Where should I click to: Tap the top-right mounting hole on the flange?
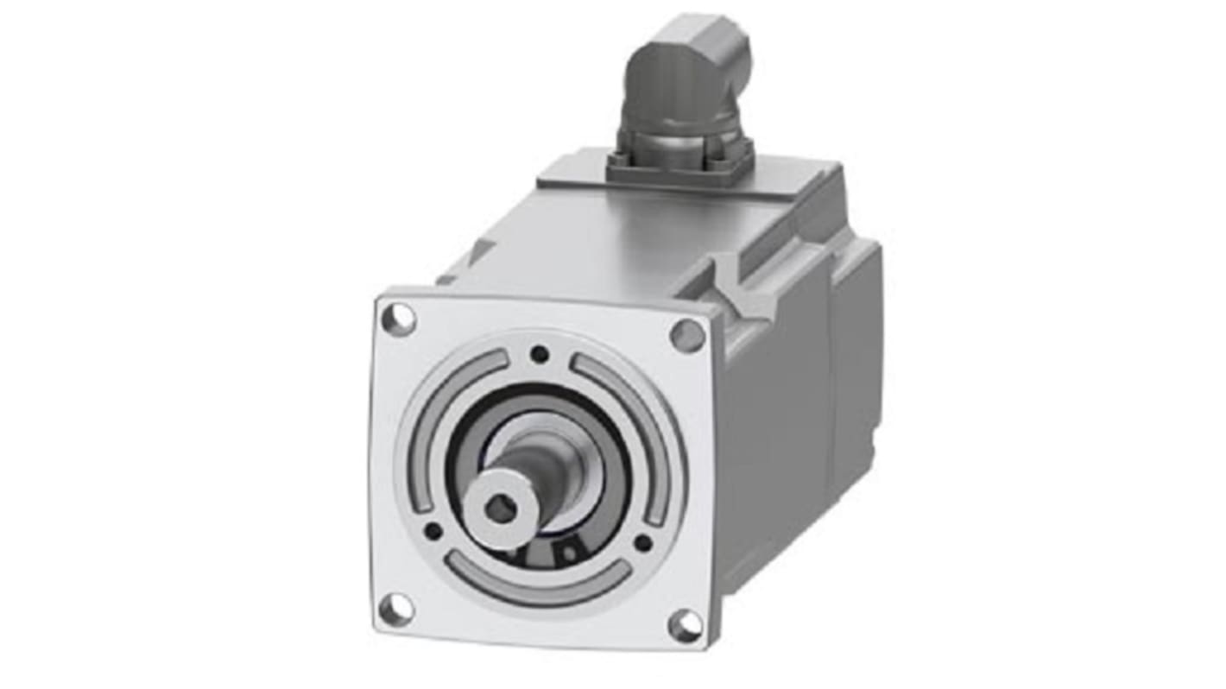[x=687, y=335]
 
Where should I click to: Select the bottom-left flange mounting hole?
[x=396, y=610]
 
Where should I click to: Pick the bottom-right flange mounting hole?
[x=686, y=626]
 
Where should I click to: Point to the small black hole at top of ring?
[x=540, y=353]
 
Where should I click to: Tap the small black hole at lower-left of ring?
[x=433, y=531]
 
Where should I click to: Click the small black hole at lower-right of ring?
[x=643, y=543]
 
